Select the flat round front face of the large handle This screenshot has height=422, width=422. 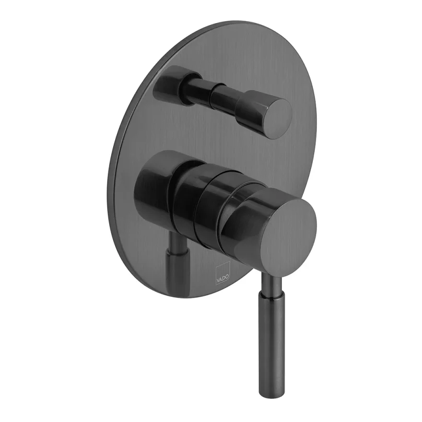point(289,230)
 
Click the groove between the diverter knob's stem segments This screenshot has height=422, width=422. point(212,98)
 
